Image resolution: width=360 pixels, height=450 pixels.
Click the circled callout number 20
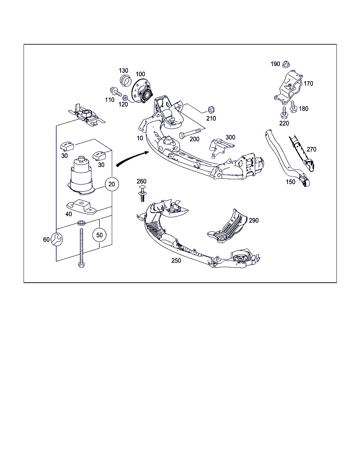(x=112, y=184)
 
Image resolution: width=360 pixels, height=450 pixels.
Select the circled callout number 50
(x=99, y=235)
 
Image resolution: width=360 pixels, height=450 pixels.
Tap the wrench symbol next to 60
(x=57, y=239)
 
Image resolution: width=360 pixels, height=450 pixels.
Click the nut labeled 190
(x=286, y=64)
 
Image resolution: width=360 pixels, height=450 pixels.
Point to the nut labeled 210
(x=211, y=109)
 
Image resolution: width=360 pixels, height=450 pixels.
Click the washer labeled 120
(x=125, y=97)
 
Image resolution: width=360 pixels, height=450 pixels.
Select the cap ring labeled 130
(x=126, y=81)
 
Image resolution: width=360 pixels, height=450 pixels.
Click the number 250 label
(x=176, y=261)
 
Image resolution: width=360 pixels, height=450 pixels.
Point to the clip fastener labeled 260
(x=142, y=193)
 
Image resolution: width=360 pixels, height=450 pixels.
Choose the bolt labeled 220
(x=284, y=113)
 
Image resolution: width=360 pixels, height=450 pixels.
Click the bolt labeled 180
(x=294, y=107)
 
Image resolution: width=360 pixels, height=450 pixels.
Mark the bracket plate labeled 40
(x=82, y=207)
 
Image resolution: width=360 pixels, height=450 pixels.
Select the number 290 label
(x=254, y=220)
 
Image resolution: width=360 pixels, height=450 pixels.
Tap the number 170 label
(x=308, y=83)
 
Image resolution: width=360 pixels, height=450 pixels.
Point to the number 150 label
(x=290, y=182)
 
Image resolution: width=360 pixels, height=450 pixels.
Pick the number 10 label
(x=140, y=138)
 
